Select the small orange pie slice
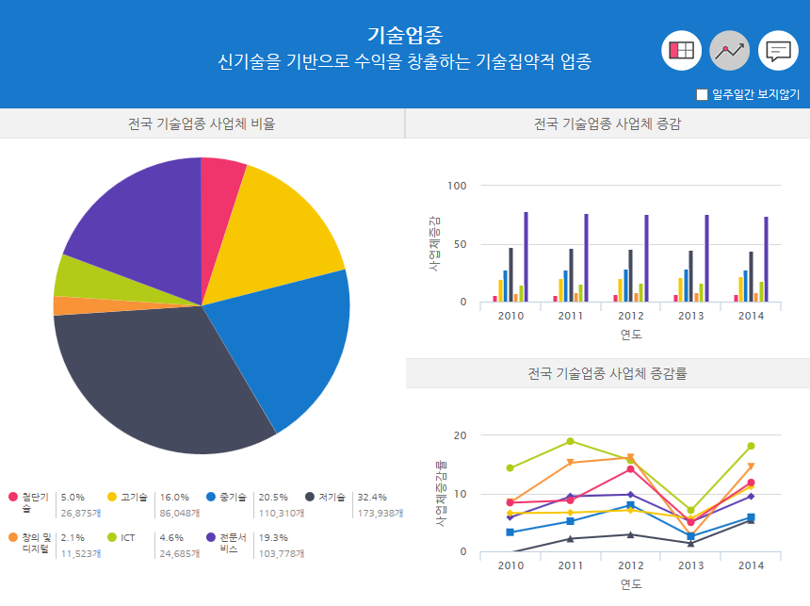click(66, 305)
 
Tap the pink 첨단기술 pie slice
click(220, 179)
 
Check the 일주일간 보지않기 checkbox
click(702, 94)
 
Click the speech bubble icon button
click(778, 51)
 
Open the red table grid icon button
click(681, 51)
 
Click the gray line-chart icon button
click(729, 51)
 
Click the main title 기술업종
click(404, 35)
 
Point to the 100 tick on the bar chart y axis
click(457, 186)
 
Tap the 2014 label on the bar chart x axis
click(751, 316)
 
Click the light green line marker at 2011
click(570, 441)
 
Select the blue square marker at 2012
click(630, 506)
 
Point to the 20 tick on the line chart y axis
click(460, 435)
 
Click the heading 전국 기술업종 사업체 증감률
click(607, 373)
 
